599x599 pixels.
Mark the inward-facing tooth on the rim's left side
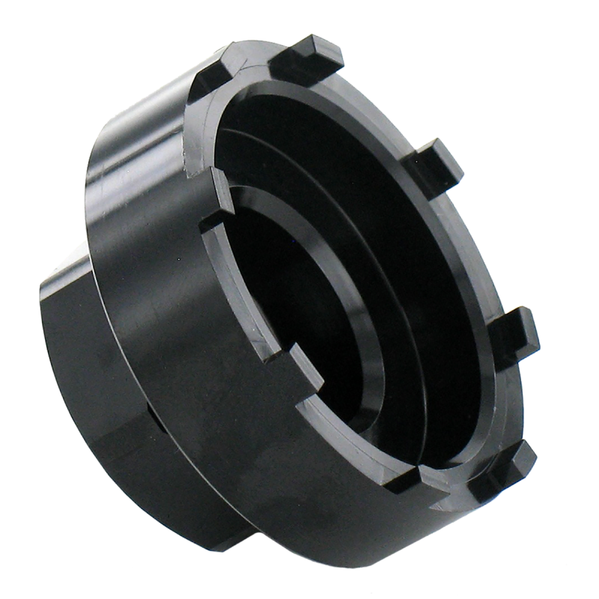[x=213, y=217]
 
